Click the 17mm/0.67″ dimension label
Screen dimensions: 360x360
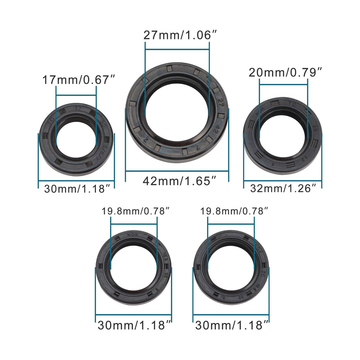pos(76,79)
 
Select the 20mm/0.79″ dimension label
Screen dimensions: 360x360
pos(285,72)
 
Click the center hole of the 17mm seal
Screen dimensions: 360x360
pos(76,140)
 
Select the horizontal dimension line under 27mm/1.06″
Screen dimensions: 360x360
pos(177,50)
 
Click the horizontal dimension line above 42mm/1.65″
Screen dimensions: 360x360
pos(177,171)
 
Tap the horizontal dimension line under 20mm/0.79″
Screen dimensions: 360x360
pos(283,84)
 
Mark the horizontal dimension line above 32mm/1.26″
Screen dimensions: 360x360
pos(283,181)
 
